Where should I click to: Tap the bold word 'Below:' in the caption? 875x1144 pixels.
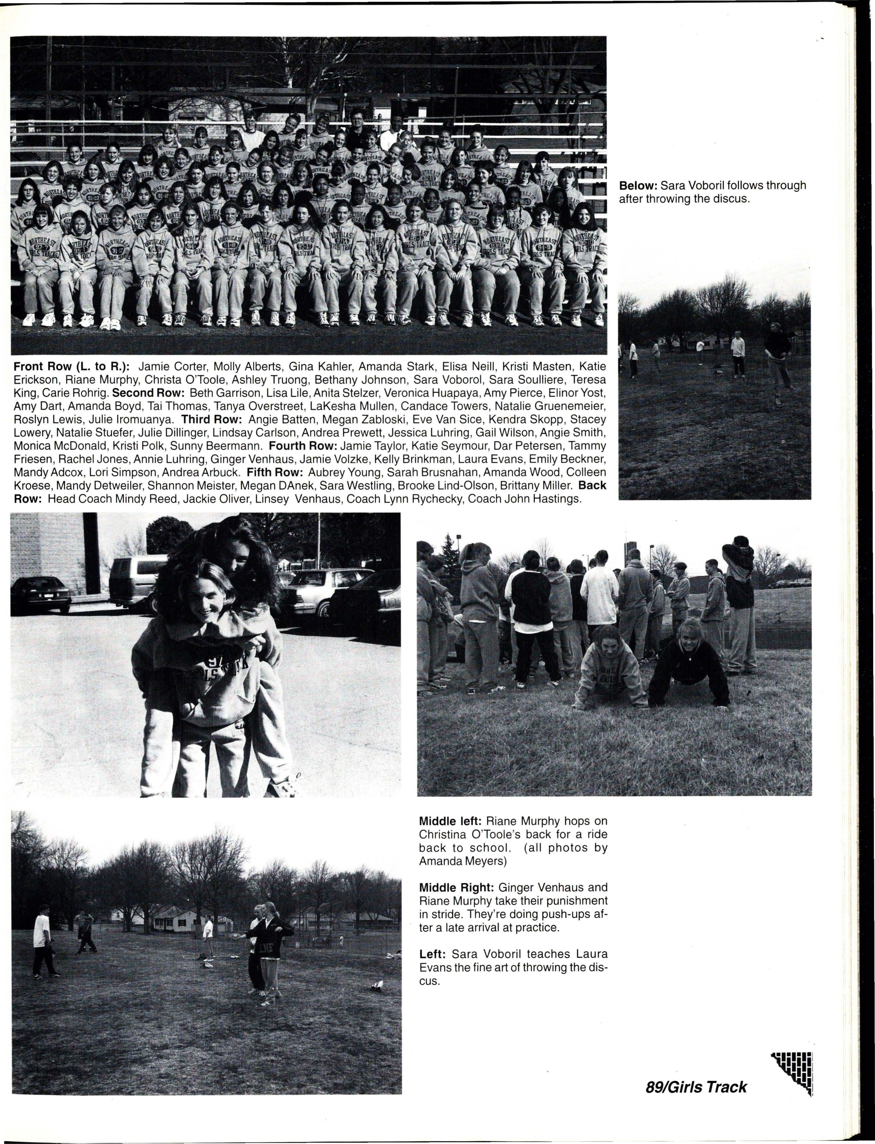[638, 186]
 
